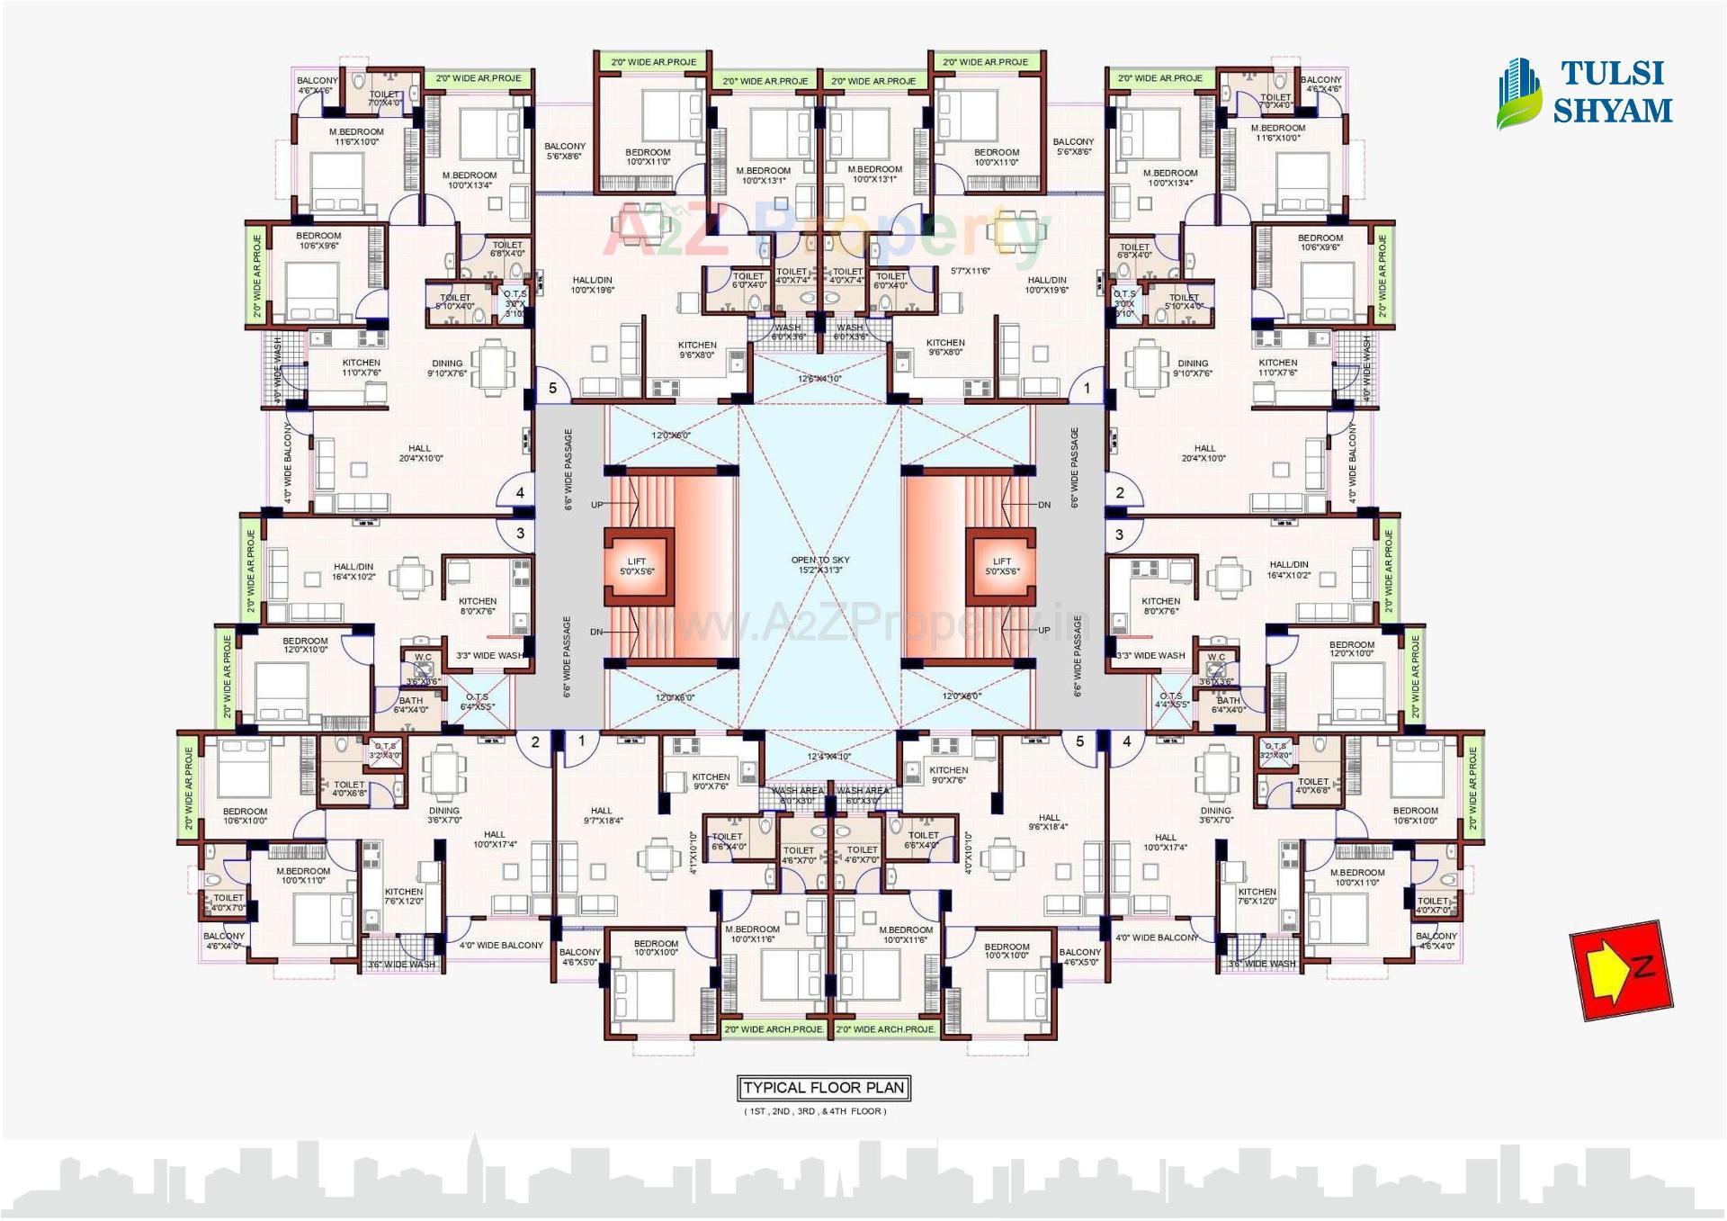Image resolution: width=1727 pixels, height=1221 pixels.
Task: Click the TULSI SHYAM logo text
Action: [x=1612, y=92]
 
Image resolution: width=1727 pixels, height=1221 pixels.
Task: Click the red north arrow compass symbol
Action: [x=1621, y=970]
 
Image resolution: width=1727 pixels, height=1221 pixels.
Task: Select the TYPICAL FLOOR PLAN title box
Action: [x=823, y=1087]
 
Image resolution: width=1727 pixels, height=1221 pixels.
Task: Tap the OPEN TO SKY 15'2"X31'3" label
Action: [x=820, y=565]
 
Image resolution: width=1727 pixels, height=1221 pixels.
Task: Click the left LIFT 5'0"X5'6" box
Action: [x=637, y=566]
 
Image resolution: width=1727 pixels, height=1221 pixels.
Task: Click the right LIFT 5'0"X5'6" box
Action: [x=1002, y=566]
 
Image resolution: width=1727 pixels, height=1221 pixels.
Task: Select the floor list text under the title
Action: [x=815, y=1111]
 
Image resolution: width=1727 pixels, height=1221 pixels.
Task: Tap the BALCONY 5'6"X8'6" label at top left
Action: [x=565, y=150]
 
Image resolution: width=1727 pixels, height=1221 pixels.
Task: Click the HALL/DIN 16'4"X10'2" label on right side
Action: [x=1289, y=570]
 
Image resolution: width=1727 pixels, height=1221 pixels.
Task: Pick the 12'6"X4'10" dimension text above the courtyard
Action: [x=819, y=379]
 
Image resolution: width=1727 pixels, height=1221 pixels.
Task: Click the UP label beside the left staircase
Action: [x=597, y=505]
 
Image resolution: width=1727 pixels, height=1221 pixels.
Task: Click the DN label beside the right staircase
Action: [x=1043, y=505]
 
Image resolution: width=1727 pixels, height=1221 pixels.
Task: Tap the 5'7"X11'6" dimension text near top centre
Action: [x=971, y=271]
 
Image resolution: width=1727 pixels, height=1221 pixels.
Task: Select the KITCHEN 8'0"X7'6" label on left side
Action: [x=478, y=606]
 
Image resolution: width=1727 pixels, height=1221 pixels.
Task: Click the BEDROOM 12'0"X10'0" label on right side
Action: [x=1351, y=649]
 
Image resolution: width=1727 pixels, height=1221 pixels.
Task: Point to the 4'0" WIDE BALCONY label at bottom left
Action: [x=501, y=945]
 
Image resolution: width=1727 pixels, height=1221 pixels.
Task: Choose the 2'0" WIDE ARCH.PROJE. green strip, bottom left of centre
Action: [x=774, y=1028]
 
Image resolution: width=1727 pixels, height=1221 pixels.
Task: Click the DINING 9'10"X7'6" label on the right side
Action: [x=1193, y=368]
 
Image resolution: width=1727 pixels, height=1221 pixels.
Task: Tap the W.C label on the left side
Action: [x=423, y=657]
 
